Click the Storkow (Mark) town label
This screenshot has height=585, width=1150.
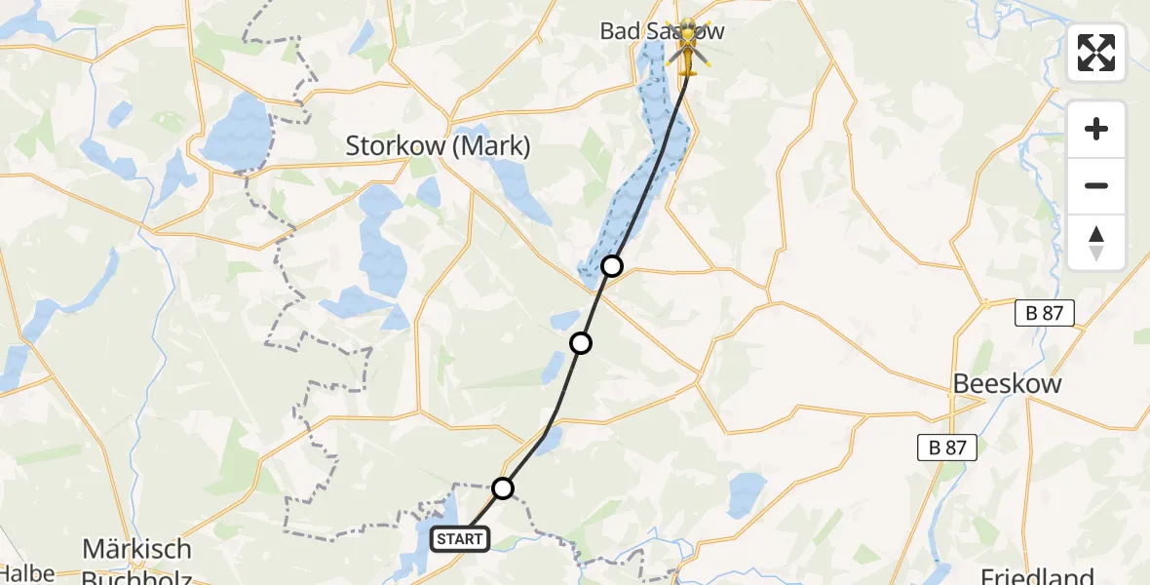coord(439,146)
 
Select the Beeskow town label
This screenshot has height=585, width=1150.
coord(1007,383)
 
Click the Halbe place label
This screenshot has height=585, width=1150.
coord(27,574)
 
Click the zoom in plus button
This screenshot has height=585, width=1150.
coord(1096,129)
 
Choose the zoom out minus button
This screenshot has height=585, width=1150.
coord(1096,185)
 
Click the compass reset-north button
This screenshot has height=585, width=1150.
coord(1096,242)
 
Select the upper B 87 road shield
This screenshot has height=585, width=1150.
coord(1044,313)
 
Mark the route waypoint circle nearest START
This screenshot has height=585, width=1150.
coord(502,487)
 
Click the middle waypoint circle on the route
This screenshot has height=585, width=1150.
coord(581,342)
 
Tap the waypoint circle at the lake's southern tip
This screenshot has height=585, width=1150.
coord(611,265)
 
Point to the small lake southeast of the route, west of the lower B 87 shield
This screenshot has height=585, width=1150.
coord(747,492)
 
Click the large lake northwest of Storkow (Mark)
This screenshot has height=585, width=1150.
coord(238,132)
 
